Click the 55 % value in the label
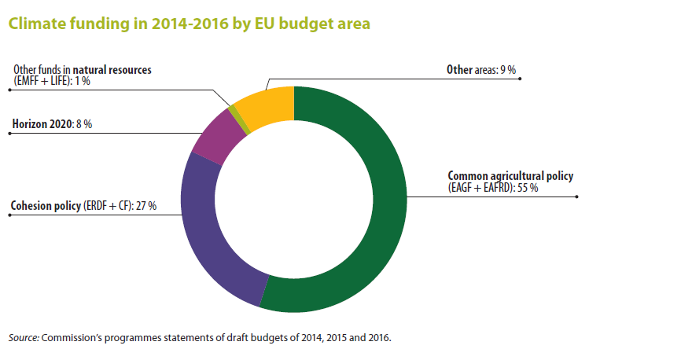[527, 188]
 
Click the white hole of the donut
[294, 200]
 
